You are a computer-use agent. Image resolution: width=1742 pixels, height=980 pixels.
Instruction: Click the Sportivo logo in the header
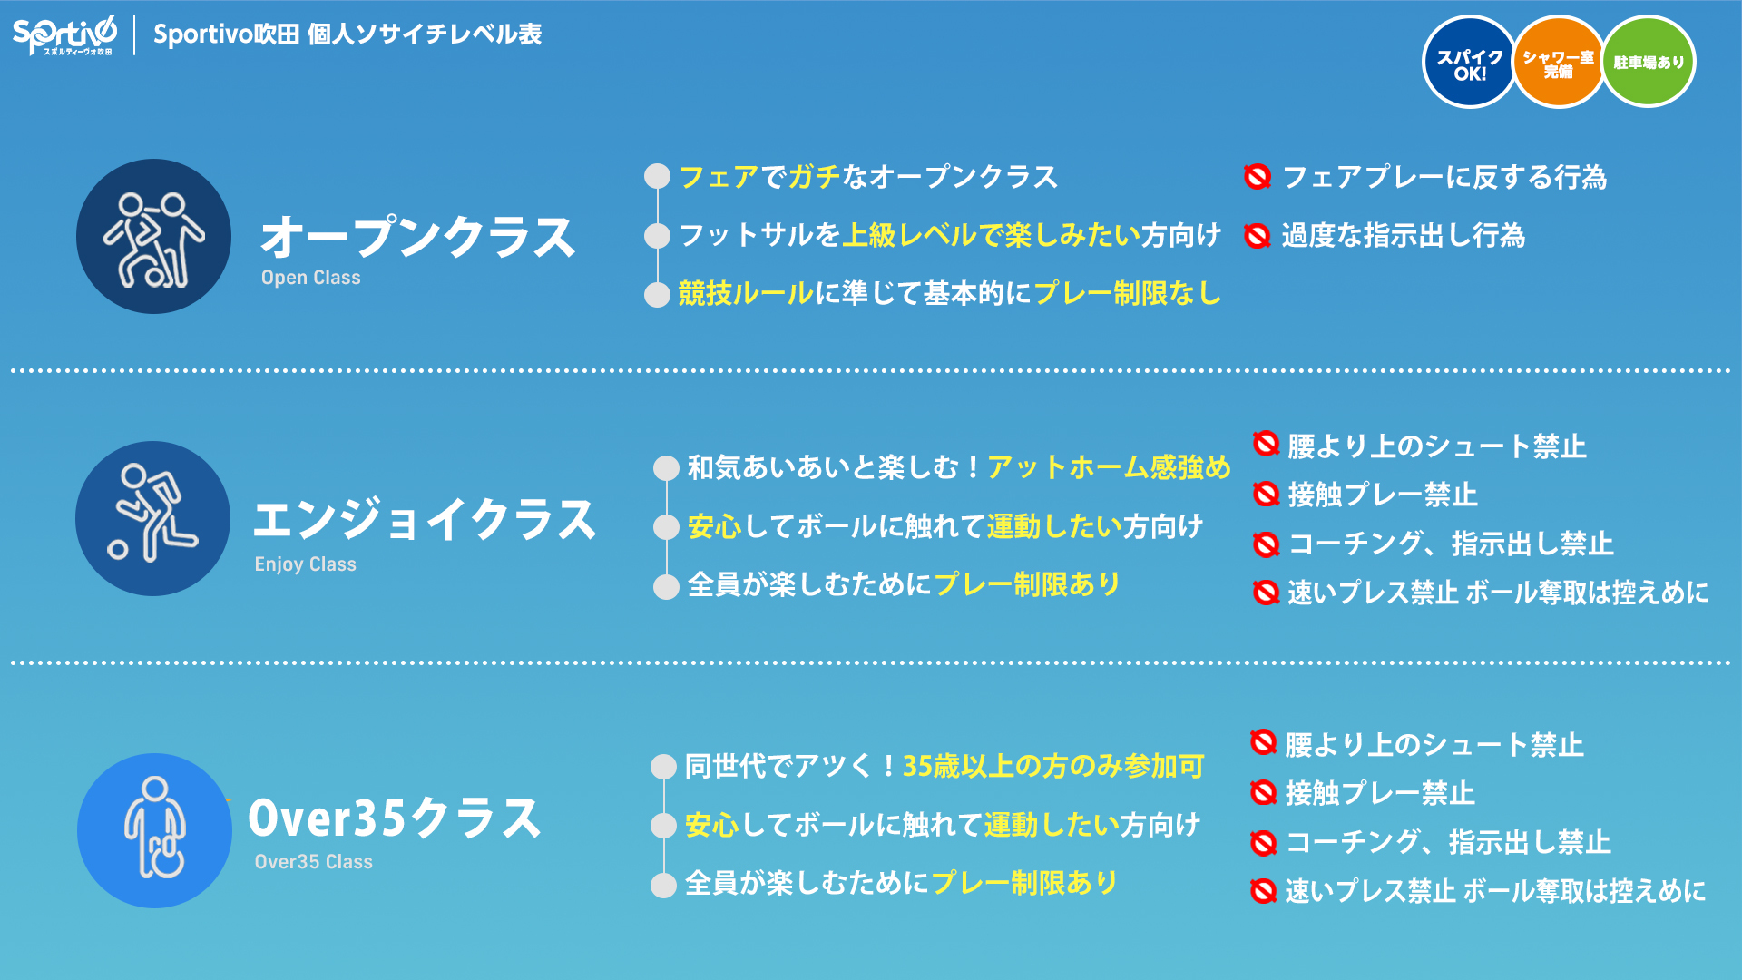64,35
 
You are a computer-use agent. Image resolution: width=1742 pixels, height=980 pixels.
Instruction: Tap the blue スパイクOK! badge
1469,63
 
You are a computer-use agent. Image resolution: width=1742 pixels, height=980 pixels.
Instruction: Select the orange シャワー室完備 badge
1558,63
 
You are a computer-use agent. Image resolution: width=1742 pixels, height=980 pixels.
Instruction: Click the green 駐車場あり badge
1649,63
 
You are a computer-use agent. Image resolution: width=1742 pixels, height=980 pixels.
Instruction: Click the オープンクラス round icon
153,236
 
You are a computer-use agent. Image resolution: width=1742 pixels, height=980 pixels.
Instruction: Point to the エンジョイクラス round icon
152,518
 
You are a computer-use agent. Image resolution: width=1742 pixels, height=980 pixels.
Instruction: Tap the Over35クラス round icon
154,830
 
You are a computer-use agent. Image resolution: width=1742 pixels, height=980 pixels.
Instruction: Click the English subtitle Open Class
310,278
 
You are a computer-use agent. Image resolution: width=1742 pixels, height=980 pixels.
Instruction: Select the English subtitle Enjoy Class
305,564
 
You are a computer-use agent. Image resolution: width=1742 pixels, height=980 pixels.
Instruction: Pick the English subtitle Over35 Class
313,862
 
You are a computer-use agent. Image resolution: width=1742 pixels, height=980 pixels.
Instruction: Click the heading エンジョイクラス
425,520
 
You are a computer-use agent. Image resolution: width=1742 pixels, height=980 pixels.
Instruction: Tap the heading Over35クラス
395,818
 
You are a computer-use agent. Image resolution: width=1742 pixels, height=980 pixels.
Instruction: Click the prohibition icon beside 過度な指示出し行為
1257,236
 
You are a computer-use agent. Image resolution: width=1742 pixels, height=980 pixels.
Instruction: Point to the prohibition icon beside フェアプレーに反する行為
1257,177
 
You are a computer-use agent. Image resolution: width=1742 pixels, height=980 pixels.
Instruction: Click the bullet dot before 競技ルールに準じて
657,295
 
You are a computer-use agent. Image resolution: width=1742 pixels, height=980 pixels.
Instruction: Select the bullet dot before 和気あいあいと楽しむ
666,468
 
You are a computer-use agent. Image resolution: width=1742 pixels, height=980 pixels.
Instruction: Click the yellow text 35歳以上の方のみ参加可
1053,766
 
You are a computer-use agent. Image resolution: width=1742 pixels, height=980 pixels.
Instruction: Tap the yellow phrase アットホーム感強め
1109,467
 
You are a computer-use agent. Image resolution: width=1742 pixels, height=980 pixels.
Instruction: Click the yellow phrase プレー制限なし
1128,293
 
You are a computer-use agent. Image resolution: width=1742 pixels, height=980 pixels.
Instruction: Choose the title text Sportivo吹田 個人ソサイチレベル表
347,34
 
